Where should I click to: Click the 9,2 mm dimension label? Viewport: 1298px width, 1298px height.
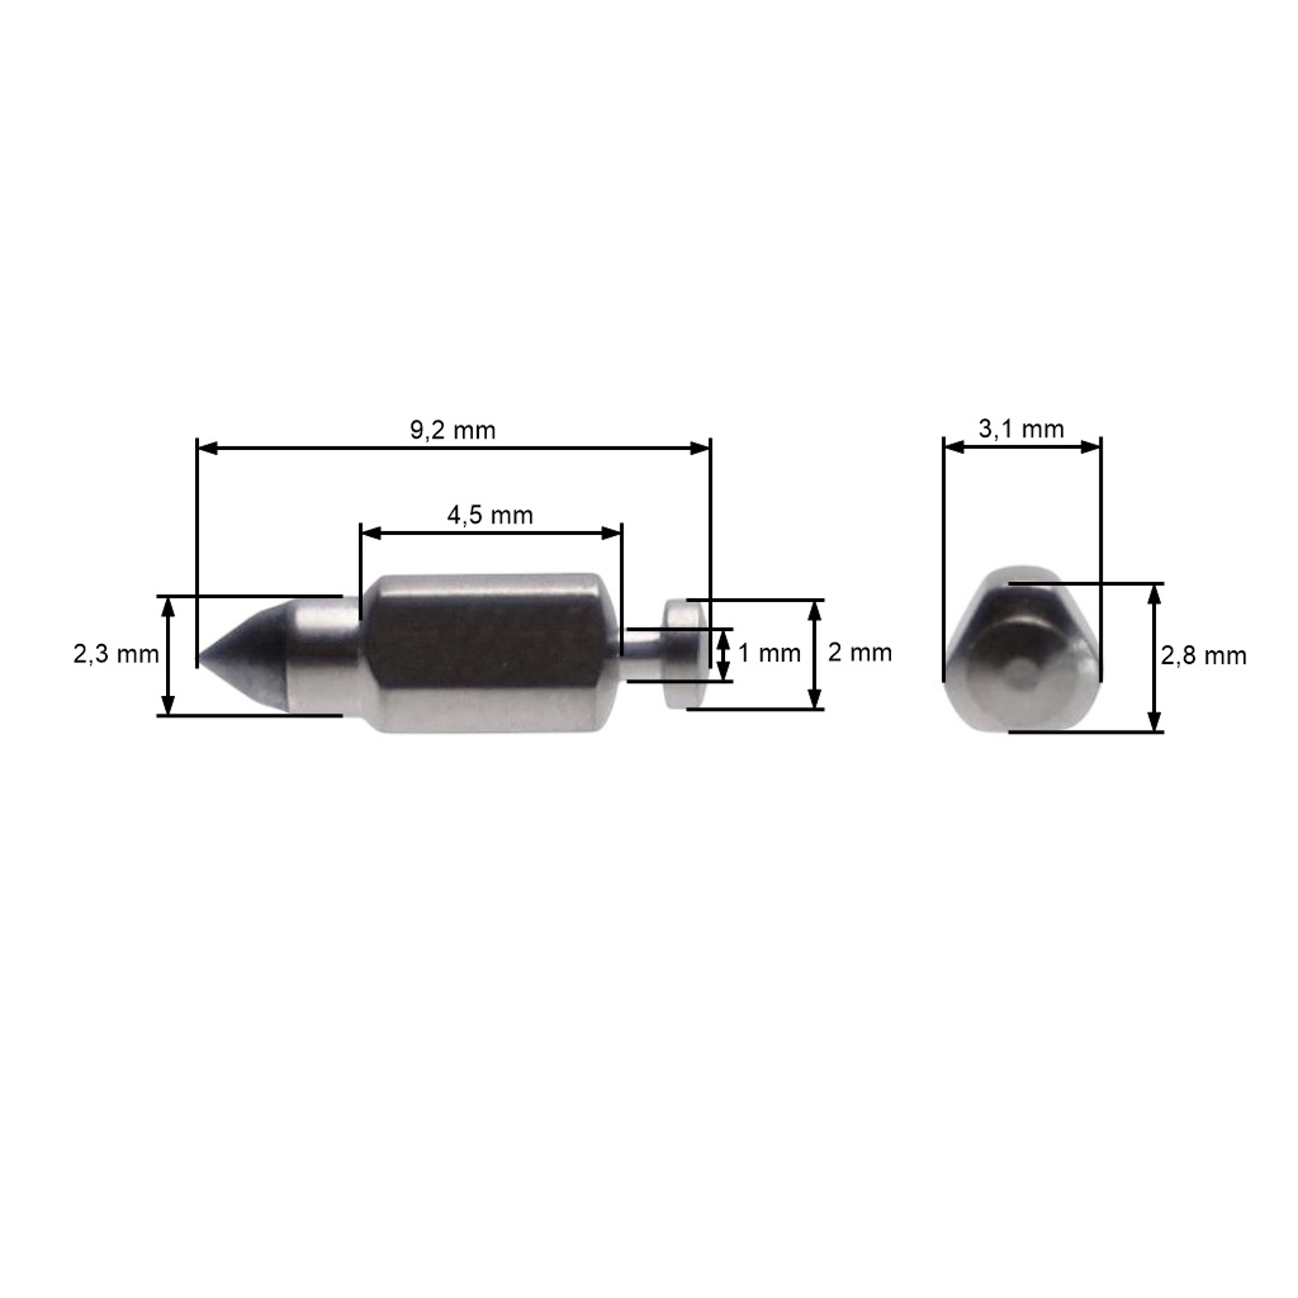453,430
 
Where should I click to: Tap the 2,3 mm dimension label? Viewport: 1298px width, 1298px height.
116,654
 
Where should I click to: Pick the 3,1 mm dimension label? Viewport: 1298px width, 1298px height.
1021,429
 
